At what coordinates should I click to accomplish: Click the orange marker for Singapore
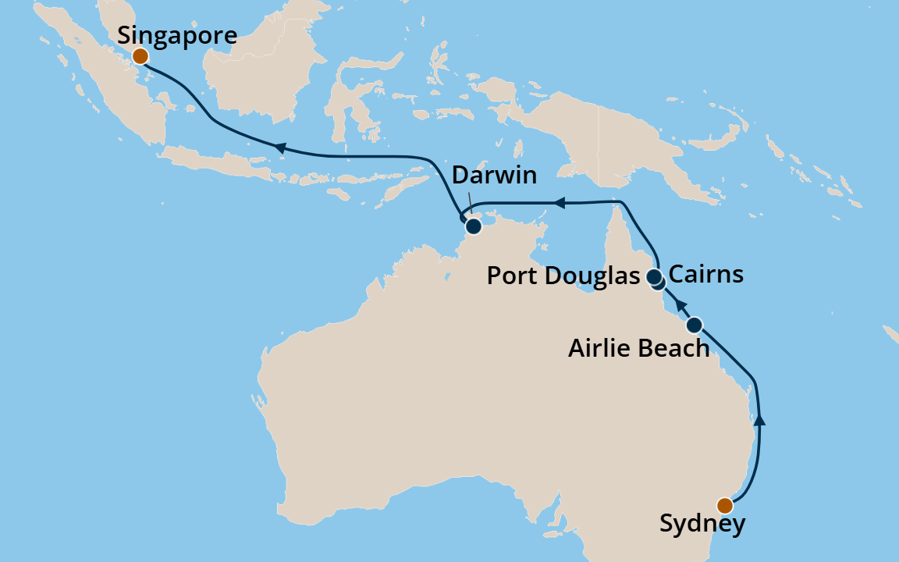click(140, 56)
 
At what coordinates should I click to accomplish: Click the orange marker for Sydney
click(725, 504)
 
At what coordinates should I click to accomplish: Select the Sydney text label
click(702, 524)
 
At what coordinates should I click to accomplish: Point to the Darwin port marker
click(473, 227)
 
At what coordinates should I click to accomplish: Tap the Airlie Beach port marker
click(694, 324)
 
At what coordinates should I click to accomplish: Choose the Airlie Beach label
click(638, 348)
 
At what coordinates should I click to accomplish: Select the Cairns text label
click(706, 275)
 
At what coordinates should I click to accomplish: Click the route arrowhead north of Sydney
click(761, 420)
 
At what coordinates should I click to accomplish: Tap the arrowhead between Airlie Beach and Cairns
click(680, 304)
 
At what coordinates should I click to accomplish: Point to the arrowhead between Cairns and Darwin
click(558, 203)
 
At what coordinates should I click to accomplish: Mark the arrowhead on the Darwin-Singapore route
click(277, 147)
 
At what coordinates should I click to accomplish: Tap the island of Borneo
click(258, 70)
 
